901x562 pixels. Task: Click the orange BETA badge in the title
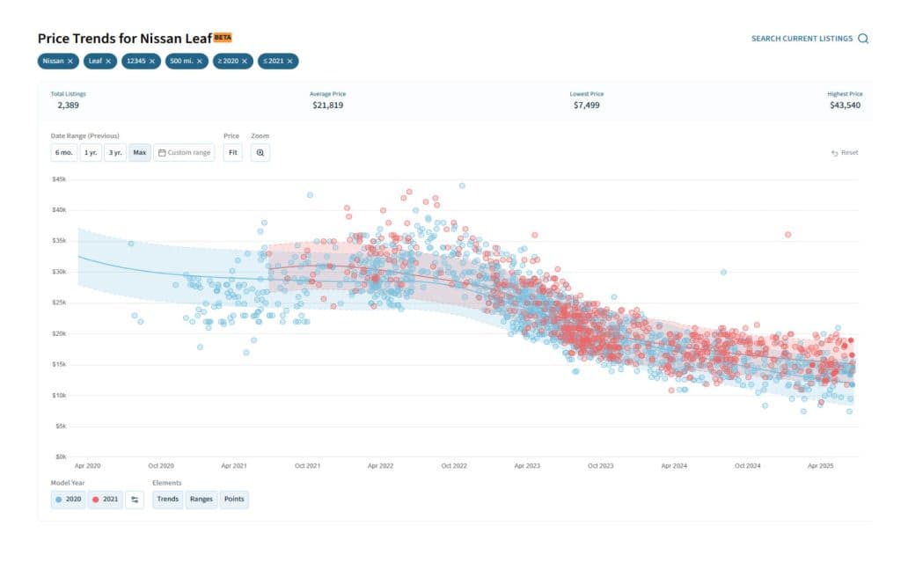(223, 37)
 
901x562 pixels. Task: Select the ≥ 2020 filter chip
(232, 62)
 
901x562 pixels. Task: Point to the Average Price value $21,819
(327, 106)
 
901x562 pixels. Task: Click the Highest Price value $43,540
(845, 106)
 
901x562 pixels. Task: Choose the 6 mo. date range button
(64, 153)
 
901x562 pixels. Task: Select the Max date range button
(139, 153)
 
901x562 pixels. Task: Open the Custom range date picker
(184, 153)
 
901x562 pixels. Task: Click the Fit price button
(232, 153)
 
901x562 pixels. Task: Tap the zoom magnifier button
(260, 153)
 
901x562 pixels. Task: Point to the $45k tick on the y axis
(59, 179)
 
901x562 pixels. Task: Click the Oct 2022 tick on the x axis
(453, 466)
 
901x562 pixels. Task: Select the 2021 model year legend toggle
(105, 500)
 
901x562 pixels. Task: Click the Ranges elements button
(201, 500)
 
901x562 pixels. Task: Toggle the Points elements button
(234, 500)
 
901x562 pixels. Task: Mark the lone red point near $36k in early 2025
(787, 235)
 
